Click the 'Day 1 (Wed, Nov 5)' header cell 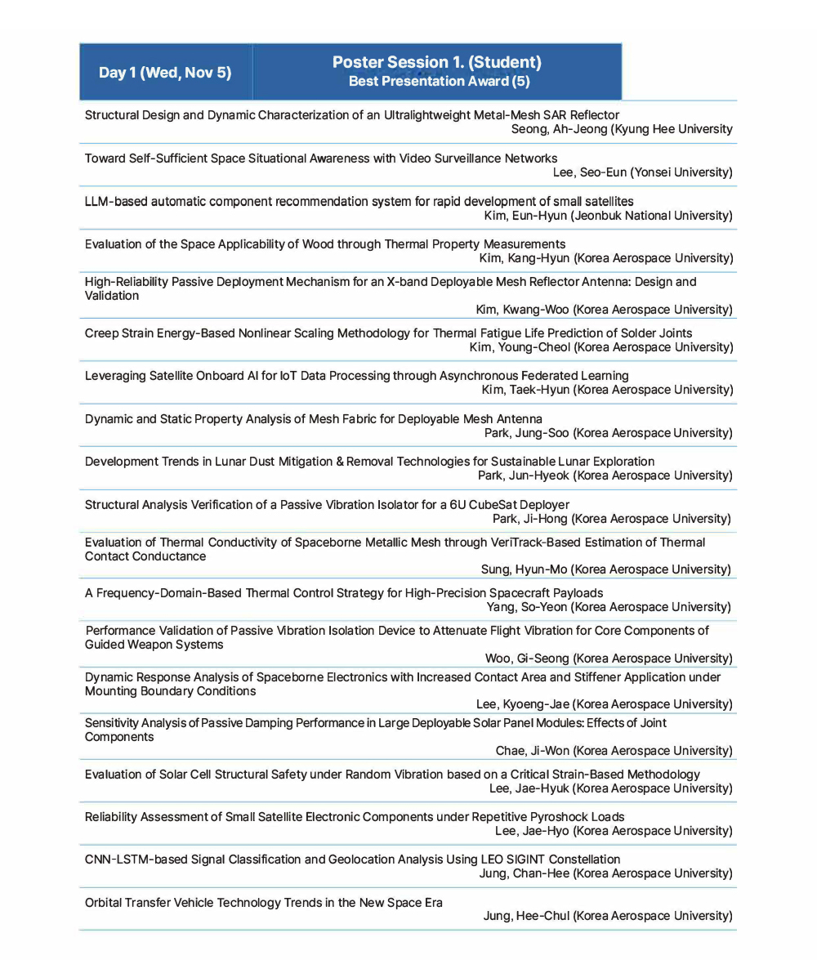click(x=165, y=73)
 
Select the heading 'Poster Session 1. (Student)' click(x=436, y=63)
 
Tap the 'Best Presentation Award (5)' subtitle click(x=439, y=82)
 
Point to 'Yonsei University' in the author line click(x=678, y=172)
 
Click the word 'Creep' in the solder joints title click(x=101, y=333)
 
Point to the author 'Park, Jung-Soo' click(x=526, y=433)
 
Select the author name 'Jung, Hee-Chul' click(x=526, y=916)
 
